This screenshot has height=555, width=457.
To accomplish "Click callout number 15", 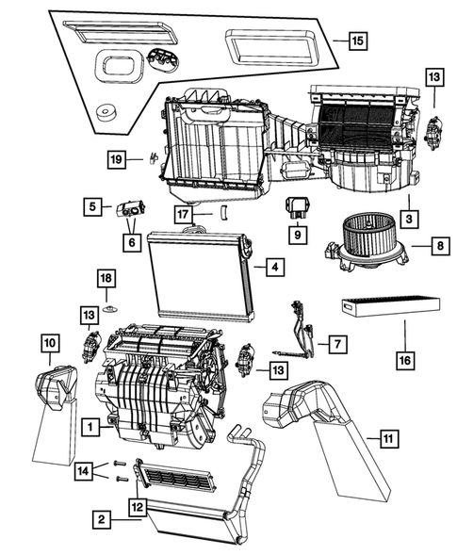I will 356,41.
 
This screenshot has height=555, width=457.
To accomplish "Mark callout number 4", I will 271,268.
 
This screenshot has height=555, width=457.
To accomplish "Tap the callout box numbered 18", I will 106,278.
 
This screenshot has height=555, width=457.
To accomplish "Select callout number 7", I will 335,345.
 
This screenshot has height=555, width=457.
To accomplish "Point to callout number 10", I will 50,343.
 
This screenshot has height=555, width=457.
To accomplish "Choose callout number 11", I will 387,437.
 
